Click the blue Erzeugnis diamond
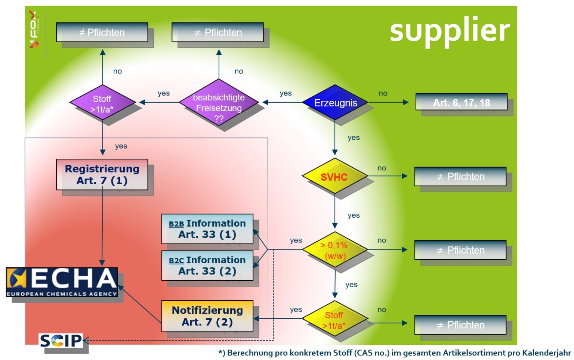coord(335,102)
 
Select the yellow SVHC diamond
coord(334,176)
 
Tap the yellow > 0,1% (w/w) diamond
coord(334,250)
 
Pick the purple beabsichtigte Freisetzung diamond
coord(219,103)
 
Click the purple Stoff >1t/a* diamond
coord(102,103)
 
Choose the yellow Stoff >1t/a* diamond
coord(334,319)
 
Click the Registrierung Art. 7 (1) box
coord(102,174)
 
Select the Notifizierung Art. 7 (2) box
coord(207,316)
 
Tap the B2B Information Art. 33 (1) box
coord(207,229)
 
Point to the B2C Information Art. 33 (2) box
coord(207,265)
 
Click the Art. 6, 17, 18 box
coord(461,102)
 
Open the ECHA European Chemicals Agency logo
coord(62,282)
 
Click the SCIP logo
coord(61,340)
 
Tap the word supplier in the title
coord(450,30)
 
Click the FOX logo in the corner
coord(34,29)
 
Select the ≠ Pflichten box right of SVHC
coord(460,176)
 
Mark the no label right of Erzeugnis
coord(383,93)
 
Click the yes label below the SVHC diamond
coord(354,215)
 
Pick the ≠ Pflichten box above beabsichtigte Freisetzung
coord(217,32)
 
